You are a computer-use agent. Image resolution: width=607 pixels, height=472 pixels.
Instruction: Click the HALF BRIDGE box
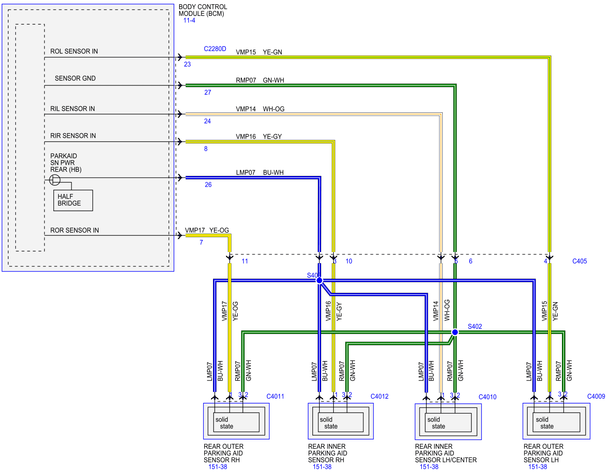[x=73, y=200]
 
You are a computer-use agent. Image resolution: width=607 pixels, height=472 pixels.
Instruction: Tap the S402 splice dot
[x=454, y=332]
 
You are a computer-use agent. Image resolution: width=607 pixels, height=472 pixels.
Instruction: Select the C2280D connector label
[x=214, y=49]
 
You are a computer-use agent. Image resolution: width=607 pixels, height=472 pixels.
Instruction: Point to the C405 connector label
[x=579, y=261]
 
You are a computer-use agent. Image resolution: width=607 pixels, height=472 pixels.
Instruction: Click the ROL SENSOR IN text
[x=74, y=52]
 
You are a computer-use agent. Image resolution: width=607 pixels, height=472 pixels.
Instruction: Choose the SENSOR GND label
[x=75, y=78]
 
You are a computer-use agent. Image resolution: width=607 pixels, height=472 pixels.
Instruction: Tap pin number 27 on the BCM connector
[x=207, y=92]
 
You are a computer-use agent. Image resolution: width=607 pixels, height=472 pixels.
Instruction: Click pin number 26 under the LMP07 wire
[x=208, y=185]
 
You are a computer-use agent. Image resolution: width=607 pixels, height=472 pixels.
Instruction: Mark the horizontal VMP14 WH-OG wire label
[x=260, y=109]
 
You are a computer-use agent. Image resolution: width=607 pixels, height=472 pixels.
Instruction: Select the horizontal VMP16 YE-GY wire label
[x=258, y=136]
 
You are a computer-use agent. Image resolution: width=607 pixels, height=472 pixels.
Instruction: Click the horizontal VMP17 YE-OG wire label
[x=207, y=230]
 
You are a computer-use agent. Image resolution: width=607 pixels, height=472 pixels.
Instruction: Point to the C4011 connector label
[x=275, y=396]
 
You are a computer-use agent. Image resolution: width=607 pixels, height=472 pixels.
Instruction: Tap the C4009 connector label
[x=595, y=396]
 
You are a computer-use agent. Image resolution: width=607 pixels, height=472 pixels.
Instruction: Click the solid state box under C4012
[x=340, y=422]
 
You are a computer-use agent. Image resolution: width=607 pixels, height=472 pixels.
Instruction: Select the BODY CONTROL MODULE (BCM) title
[x=202, y=10]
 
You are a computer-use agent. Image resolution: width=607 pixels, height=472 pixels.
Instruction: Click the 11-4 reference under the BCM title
[x=189, y=20]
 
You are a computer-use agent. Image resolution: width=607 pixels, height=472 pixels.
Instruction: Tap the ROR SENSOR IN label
[x=74, y=230]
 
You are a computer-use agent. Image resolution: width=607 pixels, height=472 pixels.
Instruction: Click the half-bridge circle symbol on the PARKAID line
[x=54, y=180]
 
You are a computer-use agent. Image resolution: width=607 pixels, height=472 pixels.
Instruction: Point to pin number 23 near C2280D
[x=187, y=64]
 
